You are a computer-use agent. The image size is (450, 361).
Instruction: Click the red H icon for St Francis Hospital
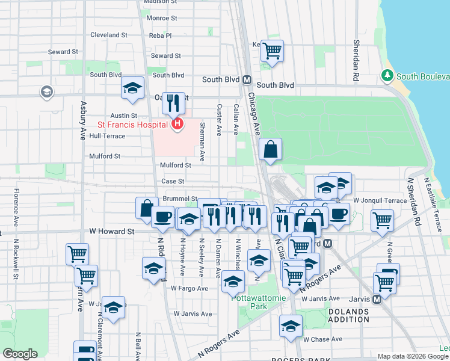(x=177, y=125)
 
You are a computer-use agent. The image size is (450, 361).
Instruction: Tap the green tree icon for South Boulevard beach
(x=387, y=76)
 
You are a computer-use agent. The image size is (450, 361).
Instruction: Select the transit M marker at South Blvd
(x=247, y=79)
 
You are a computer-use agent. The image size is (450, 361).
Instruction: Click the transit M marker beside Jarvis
(x=377, y=298)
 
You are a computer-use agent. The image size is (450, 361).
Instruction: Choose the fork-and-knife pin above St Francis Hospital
(x=173, y=103)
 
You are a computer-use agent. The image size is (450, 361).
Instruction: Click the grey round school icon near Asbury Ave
(x=46, y=92)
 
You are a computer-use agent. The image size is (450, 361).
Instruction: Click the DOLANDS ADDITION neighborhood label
(x=348, y=315)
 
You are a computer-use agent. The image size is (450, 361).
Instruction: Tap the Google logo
(x=20, y=354)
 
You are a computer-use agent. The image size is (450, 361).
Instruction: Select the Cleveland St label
(x=109, y=35)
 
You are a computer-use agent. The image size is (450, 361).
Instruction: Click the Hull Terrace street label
(x=107, y=136)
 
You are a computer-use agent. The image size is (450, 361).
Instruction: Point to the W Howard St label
(x=110, y=230)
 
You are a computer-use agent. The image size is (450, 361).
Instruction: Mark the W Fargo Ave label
(x=189, y=288)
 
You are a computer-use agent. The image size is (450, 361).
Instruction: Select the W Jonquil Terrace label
(x=380, y=200)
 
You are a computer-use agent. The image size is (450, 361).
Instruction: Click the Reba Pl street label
(x=161, y=35)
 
